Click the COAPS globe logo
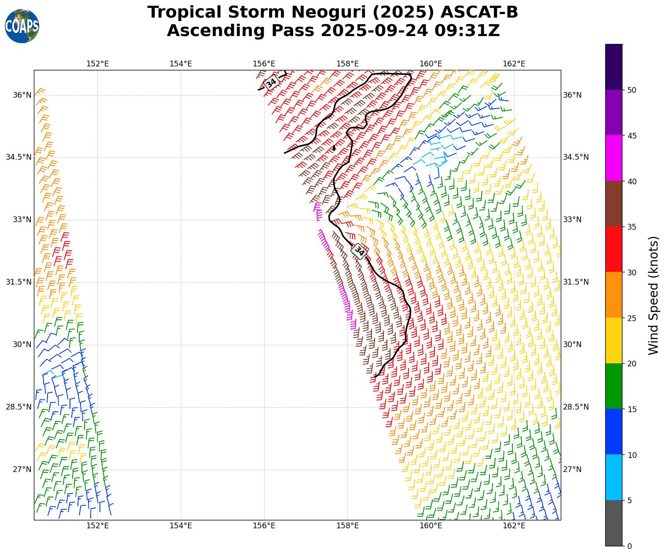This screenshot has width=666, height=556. [22, 26]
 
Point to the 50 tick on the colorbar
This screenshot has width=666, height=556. [631, 90]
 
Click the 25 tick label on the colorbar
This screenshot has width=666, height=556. [632, 318]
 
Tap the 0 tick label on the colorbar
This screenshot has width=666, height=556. [629, 546]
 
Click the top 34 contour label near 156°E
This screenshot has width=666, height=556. [271, 82]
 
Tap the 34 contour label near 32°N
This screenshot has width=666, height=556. [360, 251]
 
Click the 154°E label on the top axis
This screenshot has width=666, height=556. [180, 64]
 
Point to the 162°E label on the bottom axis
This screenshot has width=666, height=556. [514, 525]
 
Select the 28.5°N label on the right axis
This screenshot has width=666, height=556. [576, 407]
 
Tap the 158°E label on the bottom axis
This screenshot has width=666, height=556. [347, 525]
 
